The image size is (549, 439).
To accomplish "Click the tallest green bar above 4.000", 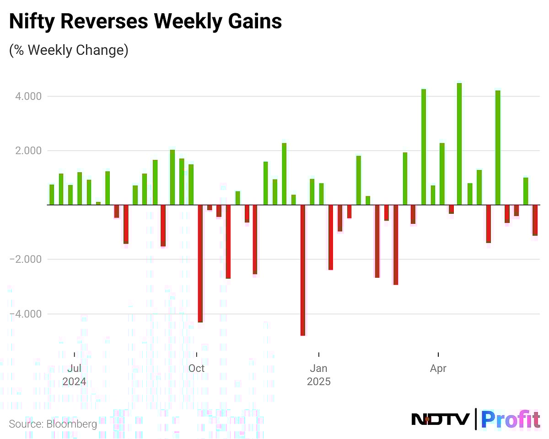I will pos(459,144).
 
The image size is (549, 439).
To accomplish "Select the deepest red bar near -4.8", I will pos(303,270).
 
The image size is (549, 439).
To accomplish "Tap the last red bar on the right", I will pos(535,220).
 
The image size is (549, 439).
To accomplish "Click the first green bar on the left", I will pos(52,195).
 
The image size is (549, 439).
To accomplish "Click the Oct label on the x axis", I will pos(196,368).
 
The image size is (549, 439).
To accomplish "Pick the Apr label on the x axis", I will pos(438,368).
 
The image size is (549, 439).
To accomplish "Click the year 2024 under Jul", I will pos(74,381).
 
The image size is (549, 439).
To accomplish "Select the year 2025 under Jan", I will pos(318,381).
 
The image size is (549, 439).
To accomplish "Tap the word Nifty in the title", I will pos(30,22).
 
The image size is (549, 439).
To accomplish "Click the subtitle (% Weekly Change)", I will pos(69,50).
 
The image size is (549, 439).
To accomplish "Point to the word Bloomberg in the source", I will pos(71,424).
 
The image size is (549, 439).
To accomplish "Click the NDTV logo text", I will pos(441,419).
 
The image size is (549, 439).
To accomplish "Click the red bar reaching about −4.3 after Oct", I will pos(200,264).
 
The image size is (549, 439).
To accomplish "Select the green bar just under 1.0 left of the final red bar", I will pos(526,191).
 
